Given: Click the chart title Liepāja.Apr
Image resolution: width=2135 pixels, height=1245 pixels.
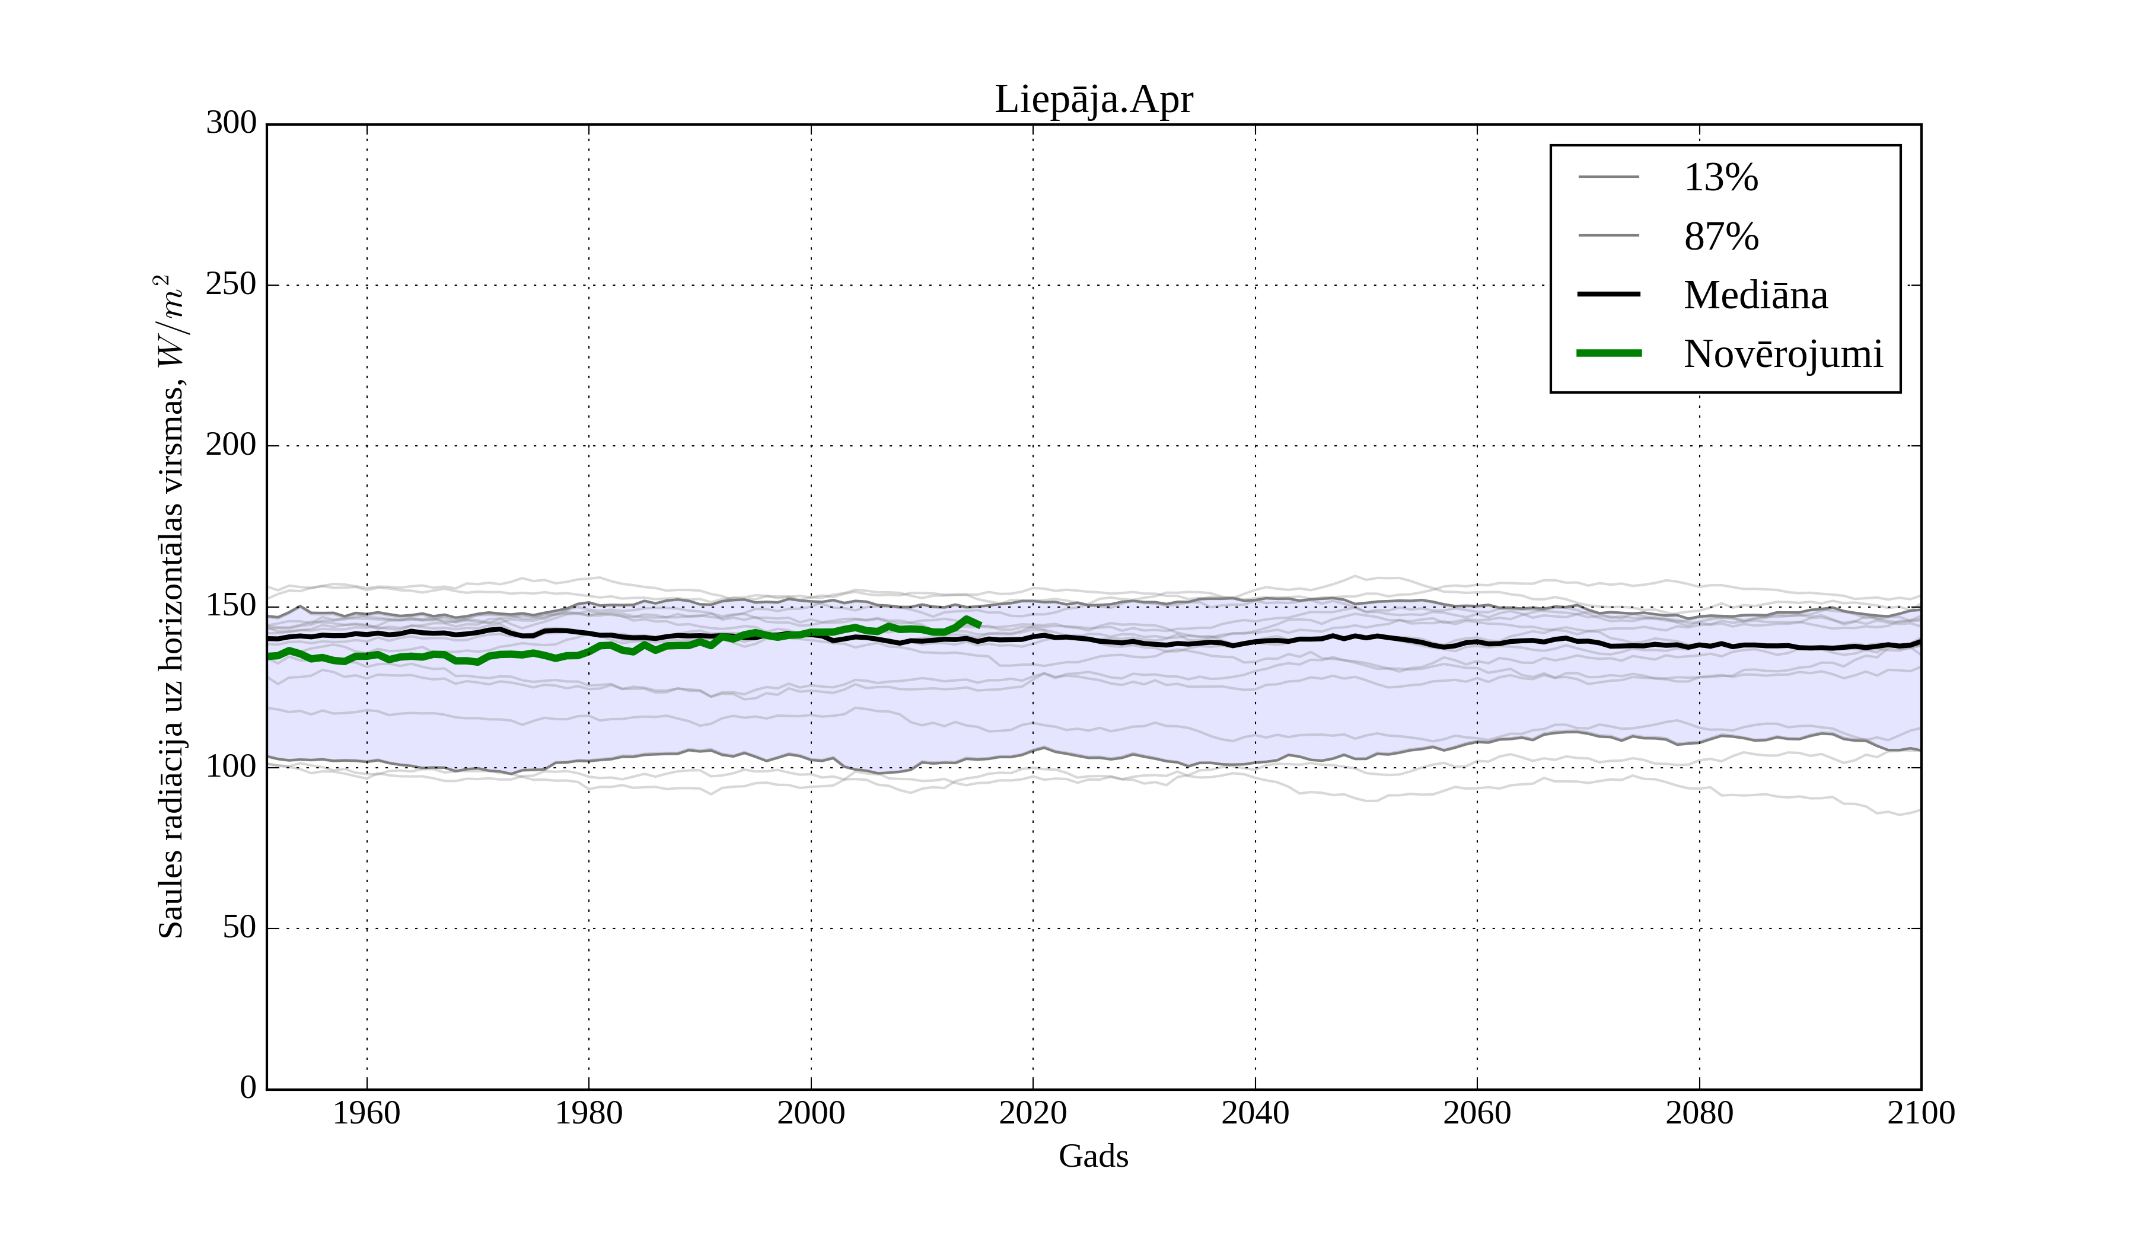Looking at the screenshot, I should pos(1093,100).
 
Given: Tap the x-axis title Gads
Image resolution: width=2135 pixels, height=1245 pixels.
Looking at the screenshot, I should pos(1093,1156).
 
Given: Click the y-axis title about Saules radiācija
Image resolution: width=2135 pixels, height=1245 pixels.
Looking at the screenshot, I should pos(171,606).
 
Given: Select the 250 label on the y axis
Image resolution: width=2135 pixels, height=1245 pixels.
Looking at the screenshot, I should pos(231,285).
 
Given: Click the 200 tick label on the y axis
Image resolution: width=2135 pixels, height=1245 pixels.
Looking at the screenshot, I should pos(231,445).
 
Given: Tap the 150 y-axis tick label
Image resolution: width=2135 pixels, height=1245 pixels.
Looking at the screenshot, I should pos(231,606).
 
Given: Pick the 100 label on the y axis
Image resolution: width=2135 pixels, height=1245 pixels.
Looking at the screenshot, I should pos(231,767).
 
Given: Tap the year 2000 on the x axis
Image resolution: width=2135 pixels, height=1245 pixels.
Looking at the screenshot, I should pos(811,1113).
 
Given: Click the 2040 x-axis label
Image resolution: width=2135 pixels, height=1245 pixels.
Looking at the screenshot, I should pos(1255,1113).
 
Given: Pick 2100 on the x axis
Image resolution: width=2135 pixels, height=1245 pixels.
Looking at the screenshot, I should pos(1921,1113).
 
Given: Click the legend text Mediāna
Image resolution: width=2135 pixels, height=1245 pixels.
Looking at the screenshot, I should pos(1755,296).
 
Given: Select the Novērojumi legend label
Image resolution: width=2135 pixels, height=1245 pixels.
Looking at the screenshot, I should pos(1783,354).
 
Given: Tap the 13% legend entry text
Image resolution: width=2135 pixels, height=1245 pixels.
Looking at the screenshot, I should pos(1720,178).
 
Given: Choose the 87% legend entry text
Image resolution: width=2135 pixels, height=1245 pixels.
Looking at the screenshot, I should pos(1720,237).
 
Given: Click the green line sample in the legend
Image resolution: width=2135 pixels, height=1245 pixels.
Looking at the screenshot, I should pos(1609,353).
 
